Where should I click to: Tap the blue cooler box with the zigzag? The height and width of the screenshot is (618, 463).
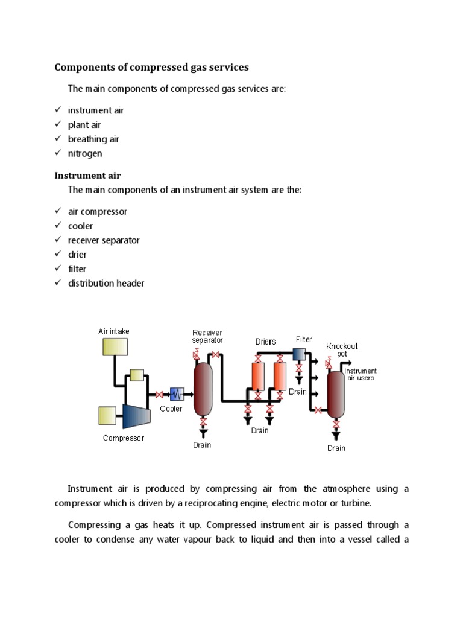(x=177, y=394)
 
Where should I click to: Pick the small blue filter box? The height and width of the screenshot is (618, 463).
(x=299, y=354)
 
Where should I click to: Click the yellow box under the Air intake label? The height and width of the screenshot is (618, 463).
(x=115, y=346)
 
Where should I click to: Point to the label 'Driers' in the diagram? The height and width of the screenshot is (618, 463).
(x=266, y=342)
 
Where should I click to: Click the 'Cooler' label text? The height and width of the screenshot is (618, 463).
(x=171, y=409)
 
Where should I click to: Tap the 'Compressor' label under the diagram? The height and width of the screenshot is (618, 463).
(x=124, y=438)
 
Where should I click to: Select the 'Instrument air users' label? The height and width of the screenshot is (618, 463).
(x=361, y=374)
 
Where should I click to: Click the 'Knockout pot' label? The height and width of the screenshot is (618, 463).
(x=342, y=349)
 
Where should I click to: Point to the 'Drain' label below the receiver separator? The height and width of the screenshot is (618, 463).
(x=202, y=445)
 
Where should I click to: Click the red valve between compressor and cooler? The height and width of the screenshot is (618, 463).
(x=159, y=395)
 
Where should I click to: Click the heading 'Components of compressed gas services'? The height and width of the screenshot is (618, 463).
(x=151, y=67)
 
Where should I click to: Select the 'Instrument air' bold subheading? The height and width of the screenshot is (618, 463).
(x=87, y=176)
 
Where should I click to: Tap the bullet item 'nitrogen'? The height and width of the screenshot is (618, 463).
(x=85, y=153)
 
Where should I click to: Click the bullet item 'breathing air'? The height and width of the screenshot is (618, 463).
(x=93, y=139)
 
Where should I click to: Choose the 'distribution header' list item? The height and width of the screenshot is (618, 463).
(x=106, y=283)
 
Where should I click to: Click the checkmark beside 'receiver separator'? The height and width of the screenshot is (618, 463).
(x=58, y=240)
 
